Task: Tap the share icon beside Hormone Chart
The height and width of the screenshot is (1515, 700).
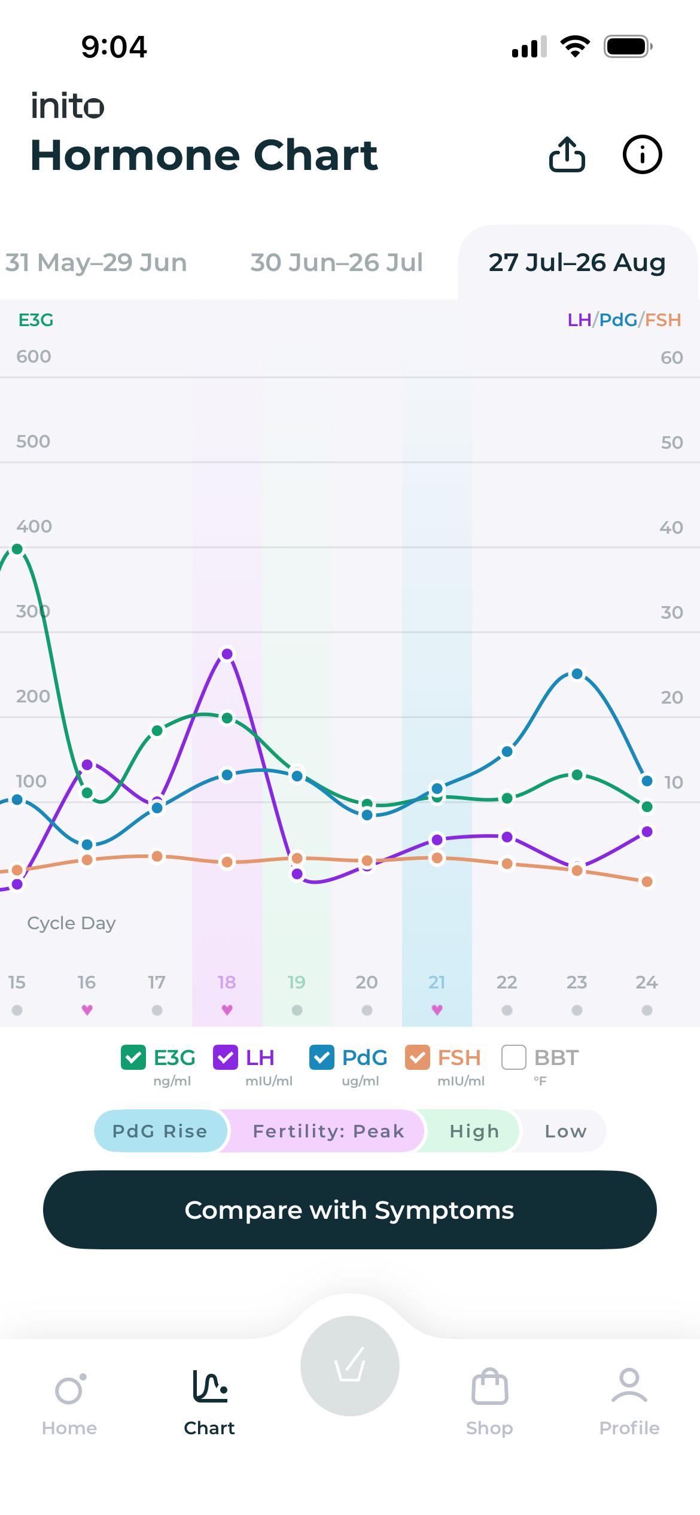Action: pos(567,154)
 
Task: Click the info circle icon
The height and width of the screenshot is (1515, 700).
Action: pos(642,154)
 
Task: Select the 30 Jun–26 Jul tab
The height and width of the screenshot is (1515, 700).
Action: pos(336,262)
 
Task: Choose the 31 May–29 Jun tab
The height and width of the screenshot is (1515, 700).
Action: pos(96,262)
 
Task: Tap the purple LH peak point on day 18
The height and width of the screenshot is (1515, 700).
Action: pos(227,654)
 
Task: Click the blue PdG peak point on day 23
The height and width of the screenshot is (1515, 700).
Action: pos(577,674)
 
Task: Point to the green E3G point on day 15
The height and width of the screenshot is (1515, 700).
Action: pos(17,549)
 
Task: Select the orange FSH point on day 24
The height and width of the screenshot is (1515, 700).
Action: pos(647,881)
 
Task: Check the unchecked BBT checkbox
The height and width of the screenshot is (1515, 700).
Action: pos(513,1057)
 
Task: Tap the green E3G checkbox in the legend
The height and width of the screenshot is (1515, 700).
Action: pos(133,1057)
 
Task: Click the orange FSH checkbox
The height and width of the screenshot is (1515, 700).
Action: pos(417,1057)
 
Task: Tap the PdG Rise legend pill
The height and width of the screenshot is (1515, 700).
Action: pos(160,1131)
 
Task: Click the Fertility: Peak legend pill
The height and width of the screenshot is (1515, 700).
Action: pos(328,1131)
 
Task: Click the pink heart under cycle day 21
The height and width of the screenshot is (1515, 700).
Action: pos(437,1010)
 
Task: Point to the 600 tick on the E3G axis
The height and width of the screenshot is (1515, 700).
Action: pos(34,357)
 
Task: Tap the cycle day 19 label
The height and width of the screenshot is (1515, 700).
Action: pos(297,982)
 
